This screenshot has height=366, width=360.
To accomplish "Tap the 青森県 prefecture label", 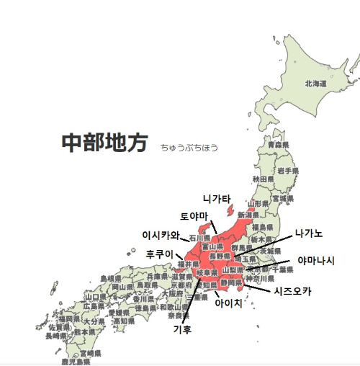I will point(278,145).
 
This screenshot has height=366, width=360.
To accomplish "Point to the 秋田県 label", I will point(263,178).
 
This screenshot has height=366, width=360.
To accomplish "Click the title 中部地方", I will point(104,143).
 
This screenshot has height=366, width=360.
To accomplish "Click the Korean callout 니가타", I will point(216,198).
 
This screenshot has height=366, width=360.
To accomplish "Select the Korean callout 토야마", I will point(194,216).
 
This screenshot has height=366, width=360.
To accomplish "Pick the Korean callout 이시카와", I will point(160,235).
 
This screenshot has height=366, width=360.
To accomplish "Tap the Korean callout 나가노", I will point(309,233).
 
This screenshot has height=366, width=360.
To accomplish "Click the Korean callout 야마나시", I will point(316,260).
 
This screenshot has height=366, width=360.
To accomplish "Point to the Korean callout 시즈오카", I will point(293,291).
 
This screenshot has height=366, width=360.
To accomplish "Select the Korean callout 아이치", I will point(229,303).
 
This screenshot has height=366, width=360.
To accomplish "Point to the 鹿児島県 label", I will point(76,362).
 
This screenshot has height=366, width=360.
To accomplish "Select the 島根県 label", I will point(110,277).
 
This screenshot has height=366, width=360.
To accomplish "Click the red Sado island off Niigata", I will point(230,211).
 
